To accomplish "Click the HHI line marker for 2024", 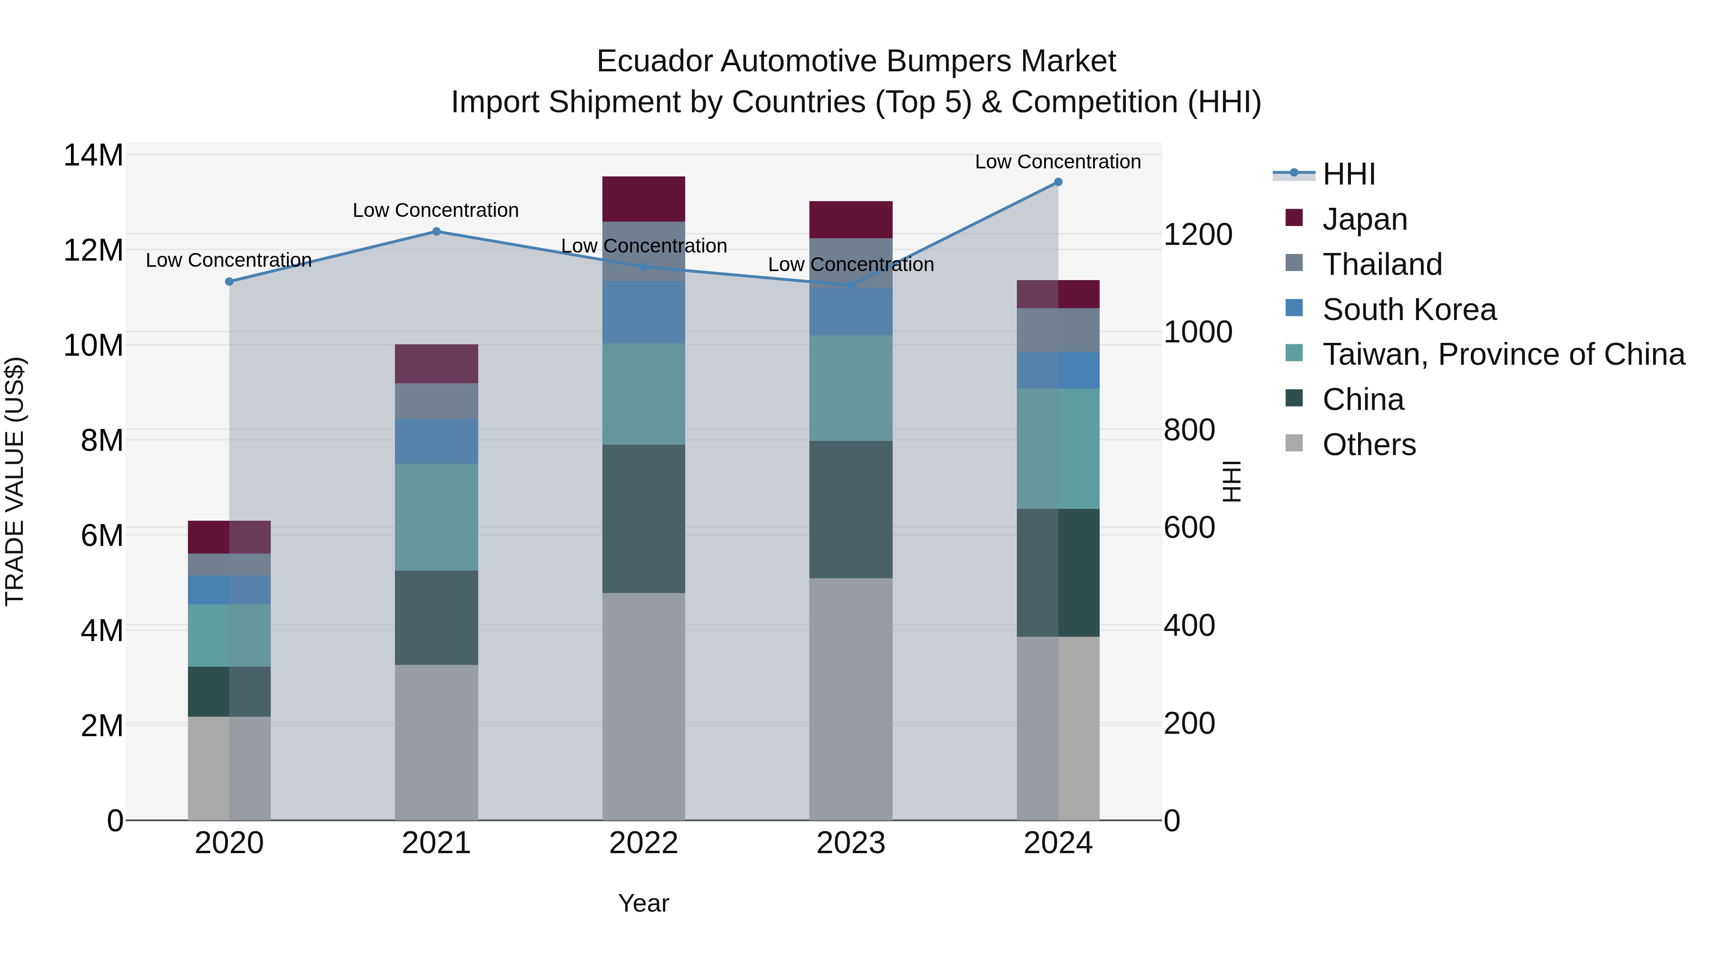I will (1058, 182).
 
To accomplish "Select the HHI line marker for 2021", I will (436, 231).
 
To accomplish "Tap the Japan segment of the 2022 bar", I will (643, 199).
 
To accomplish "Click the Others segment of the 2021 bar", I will (436, 742).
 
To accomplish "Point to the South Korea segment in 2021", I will (436, 441).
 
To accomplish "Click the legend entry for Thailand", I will (1382, 264).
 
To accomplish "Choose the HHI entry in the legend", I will (1348, 174).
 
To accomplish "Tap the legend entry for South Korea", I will (1408, 310).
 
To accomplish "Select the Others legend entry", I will (1368, 445).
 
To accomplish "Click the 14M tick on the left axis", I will (93, 156).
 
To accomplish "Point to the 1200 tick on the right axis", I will (1198, 234).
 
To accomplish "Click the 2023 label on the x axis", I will (850, 843).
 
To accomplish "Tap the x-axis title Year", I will (643, 903).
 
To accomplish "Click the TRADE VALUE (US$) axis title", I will (15, 481).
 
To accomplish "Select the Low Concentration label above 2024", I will (1057, 162).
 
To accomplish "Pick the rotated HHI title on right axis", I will (1231, 481).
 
